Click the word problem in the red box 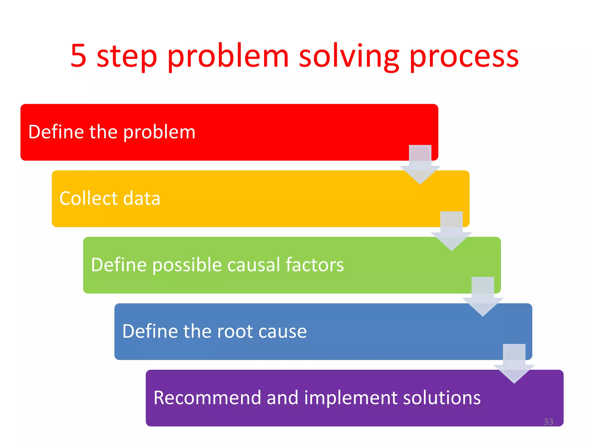[159, 133]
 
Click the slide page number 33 [548, 422]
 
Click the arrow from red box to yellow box [420, 165]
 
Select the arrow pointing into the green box [452, 232]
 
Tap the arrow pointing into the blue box [483, 298]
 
